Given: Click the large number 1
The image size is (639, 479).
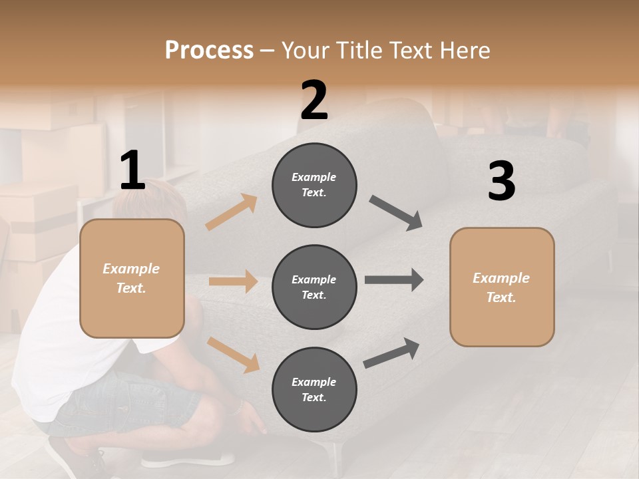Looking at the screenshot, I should tap(132, 170).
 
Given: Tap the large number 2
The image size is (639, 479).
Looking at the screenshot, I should tap(314, 100).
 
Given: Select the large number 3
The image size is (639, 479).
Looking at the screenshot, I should tap(501, 182).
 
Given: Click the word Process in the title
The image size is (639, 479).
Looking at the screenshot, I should tap(209, 50).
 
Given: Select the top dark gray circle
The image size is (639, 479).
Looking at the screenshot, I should tap(314, 185).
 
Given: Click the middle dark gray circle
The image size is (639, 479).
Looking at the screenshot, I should tap(314, 287).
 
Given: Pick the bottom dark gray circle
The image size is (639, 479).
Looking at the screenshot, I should tap(314, 389).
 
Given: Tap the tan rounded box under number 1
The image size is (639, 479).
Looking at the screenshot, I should tap(132, 278).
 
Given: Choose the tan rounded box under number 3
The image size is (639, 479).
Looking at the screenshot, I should tap(502, 287).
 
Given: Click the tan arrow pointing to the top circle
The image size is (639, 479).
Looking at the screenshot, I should tap(232, 212).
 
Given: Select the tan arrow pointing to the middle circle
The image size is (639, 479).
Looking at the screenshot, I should tap(233, 281).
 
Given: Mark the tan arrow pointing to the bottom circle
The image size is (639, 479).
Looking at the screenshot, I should tap(233, 354).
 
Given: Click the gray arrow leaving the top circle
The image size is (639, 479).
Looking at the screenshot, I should tap(395, 212).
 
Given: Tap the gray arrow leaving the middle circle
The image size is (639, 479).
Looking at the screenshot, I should tap(394, 280).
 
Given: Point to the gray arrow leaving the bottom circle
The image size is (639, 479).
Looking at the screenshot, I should tap(392, 352).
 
